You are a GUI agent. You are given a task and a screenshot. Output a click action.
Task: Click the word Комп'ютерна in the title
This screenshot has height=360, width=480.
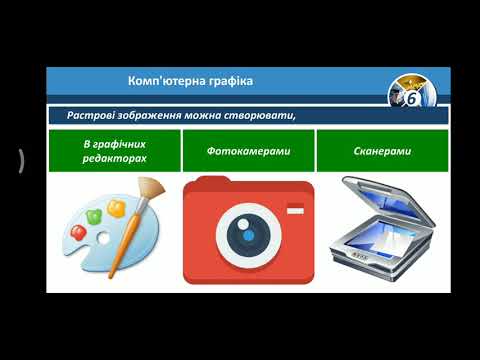pyautogui.click(x=164, y=80)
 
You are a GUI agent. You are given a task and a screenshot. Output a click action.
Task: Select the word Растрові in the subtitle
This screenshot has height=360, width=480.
pyautogui.click(x=92, y=114)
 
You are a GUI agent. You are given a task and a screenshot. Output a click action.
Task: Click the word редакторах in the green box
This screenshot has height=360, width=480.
pyautogui.click(x=113, y=159)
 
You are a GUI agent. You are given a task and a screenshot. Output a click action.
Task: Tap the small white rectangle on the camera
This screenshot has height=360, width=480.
pyautogui.click(x=294, y=209)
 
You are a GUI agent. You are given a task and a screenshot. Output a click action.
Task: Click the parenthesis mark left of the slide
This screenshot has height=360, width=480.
pyautogui.click(x=21, y=160)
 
